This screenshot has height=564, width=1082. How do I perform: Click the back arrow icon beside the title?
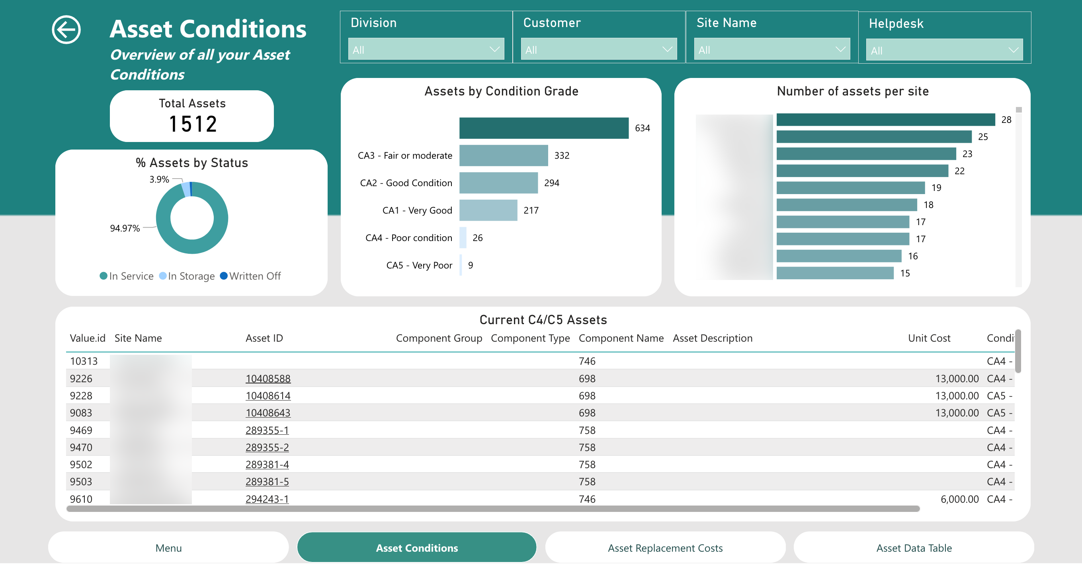(66, 29)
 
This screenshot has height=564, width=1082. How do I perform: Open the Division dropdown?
(426, 49)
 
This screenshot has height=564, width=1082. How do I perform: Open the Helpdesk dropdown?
(944, 51)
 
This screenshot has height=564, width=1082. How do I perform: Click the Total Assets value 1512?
(193, 124)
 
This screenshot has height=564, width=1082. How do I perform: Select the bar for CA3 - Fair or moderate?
(503, 155)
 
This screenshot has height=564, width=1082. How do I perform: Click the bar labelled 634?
(543, 128)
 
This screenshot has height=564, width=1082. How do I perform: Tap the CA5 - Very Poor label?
(419, 265)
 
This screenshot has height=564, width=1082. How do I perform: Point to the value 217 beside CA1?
(531, 210)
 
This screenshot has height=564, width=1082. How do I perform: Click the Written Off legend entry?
(251, 276)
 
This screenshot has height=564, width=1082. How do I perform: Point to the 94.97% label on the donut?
(125, 228)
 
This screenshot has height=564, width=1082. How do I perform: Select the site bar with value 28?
(885, 120)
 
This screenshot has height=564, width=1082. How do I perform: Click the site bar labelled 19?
(850, 188)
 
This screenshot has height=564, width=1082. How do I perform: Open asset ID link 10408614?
(268, 396)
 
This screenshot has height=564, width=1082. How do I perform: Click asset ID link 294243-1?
(267, 499)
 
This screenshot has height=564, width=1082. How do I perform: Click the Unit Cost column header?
(929, 338)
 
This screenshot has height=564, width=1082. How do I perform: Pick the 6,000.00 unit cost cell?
(959, 499)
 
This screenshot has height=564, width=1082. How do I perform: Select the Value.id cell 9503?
(81, 482)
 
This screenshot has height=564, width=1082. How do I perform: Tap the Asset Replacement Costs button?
(665, 548)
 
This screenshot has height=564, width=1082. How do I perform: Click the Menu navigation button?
(168, 548)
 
